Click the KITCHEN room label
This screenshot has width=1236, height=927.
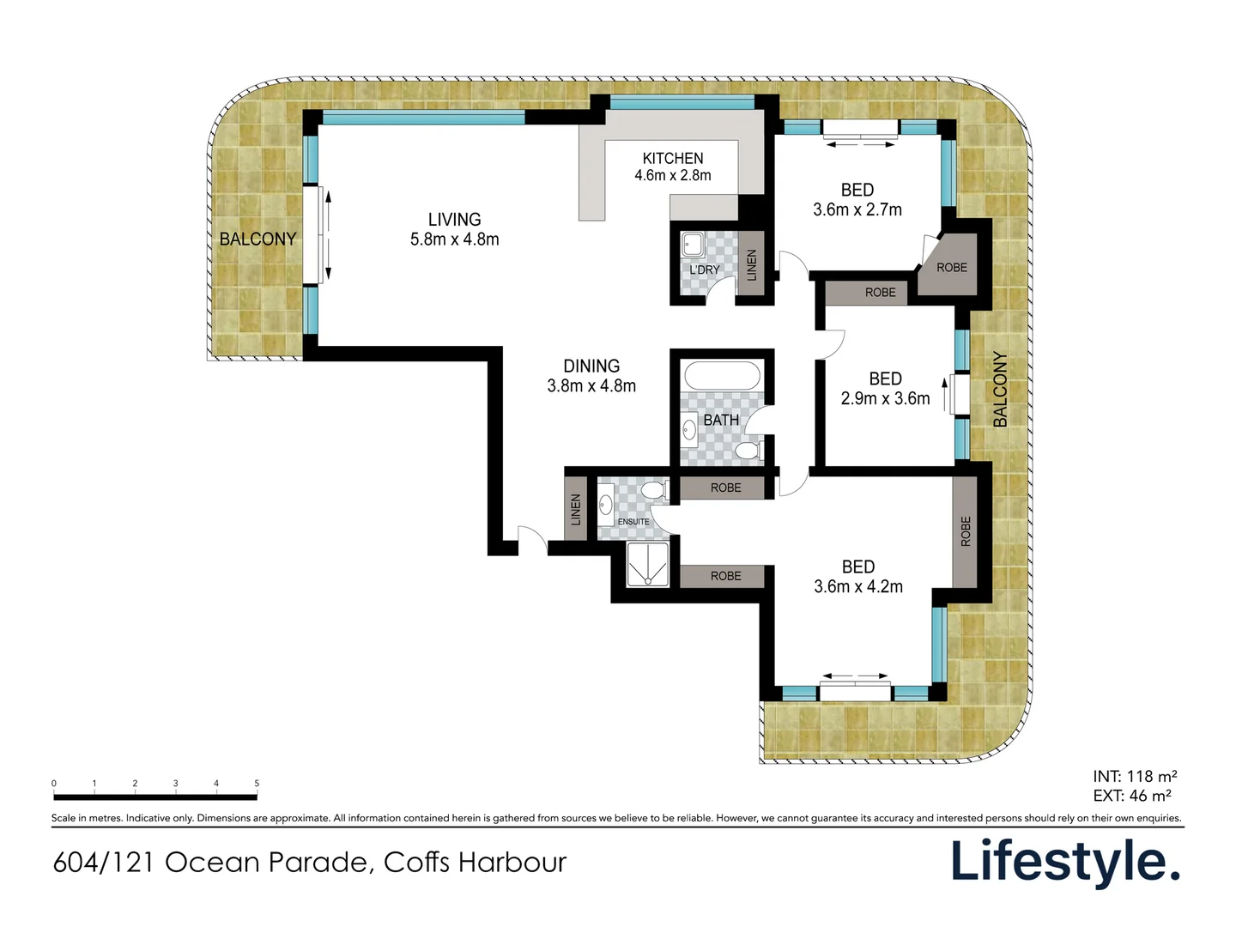coord(672,159)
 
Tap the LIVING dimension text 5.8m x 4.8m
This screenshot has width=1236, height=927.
coord(454,239)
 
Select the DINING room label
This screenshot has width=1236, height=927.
coord(591,367)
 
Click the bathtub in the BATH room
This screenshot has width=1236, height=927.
coord(721,377)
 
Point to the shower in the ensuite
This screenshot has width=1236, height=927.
coord(647,565)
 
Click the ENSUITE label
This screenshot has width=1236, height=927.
coord(633,522)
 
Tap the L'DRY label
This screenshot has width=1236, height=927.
coord(705,270)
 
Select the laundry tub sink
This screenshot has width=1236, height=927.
coord(692,245)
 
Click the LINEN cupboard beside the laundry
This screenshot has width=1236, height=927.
coord(752,264)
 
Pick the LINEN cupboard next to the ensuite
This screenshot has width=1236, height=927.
coord(576,510)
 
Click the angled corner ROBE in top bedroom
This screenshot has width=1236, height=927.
coord(951,268)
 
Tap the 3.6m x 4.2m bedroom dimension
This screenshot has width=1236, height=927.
coord(858,587)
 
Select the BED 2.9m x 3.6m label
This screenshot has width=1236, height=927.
coord(885,379)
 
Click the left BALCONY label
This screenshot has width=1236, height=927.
coord(257,239)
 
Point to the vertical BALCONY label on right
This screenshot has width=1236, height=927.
coord(1000,390)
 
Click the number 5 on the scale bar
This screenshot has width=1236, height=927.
coord(257,784)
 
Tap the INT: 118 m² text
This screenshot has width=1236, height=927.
coord(1135,777)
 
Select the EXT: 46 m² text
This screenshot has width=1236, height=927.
coord(1132,796)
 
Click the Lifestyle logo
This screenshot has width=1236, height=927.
coord(1065,862)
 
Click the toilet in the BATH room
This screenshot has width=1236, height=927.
coord(748,451)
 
